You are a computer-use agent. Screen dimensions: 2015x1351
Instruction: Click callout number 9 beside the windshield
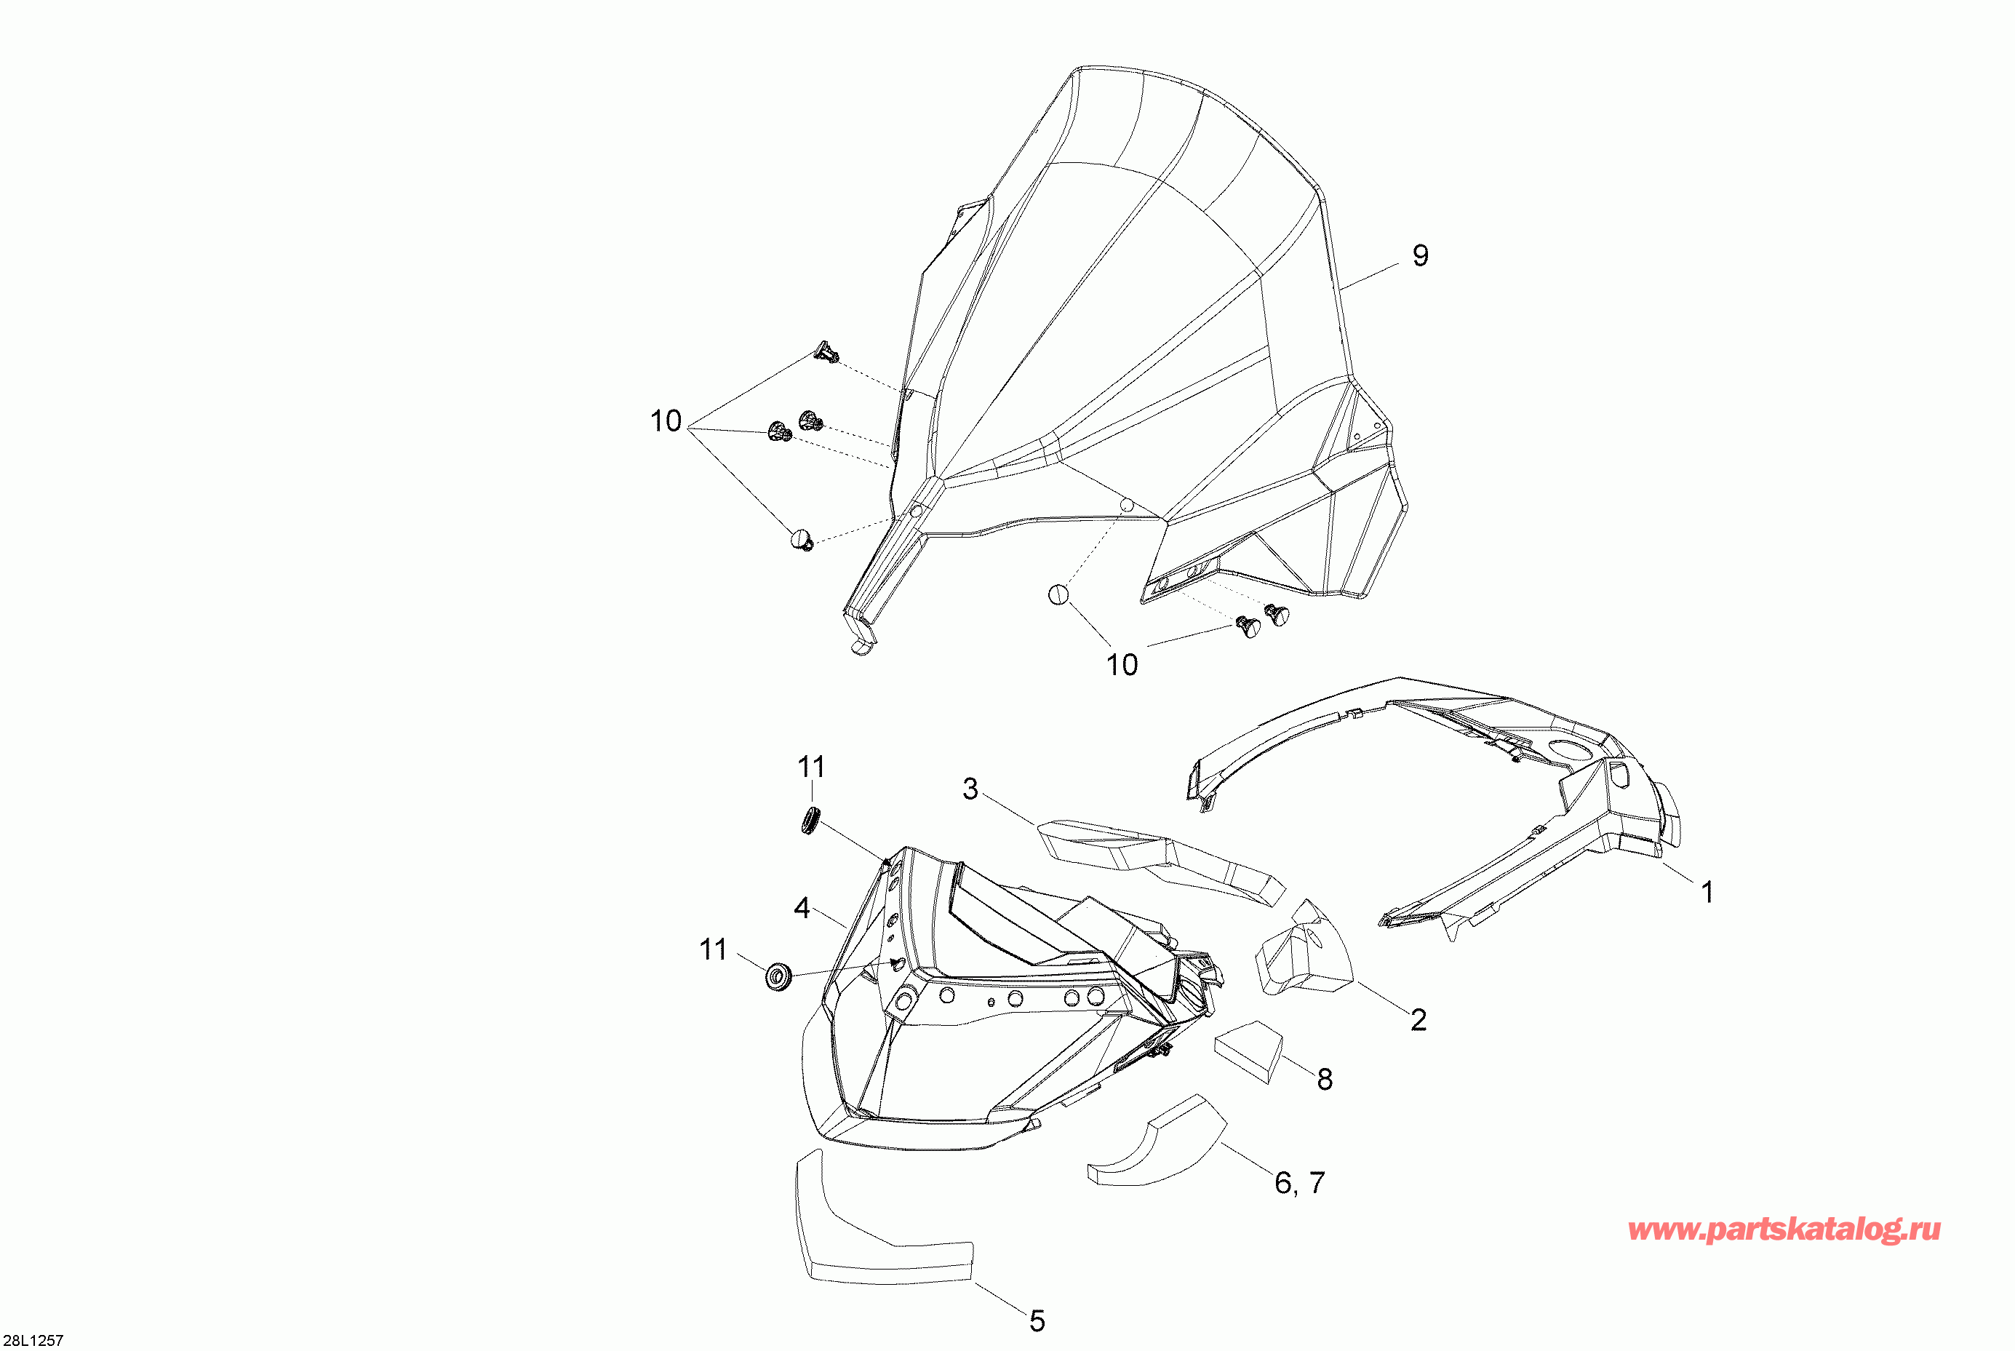1421,255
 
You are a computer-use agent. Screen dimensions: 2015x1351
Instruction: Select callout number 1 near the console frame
1707,892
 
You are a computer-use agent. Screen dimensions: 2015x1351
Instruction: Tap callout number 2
1418,1019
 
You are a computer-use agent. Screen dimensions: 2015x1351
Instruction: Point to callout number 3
970,789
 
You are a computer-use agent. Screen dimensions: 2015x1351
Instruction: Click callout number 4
801,907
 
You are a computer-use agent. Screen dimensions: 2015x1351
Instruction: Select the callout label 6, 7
1299,1183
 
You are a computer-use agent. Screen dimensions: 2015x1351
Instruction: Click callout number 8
1325,1079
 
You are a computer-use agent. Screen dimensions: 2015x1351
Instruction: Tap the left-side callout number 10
665,421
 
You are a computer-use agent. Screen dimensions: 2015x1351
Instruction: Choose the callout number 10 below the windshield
1122,664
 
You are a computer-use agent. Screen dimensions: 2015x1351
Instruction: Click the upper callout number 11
810,766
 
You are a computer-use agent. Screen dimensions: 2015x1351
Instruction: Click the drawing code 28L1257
33,1341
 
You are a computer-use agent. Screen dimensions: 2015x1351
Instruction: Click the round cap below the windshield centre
1058,594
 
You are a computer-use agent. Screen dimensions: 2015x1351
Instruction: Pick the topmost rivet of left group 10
827,351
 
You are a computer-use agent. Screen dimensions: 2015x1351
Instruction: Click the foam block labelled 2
1304,948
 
